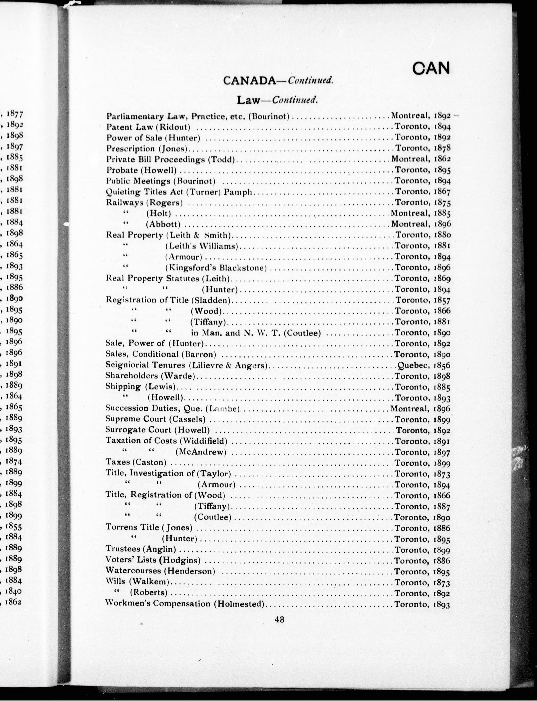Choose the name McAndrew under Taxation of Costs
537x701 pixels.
click(x=201, y=452)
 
